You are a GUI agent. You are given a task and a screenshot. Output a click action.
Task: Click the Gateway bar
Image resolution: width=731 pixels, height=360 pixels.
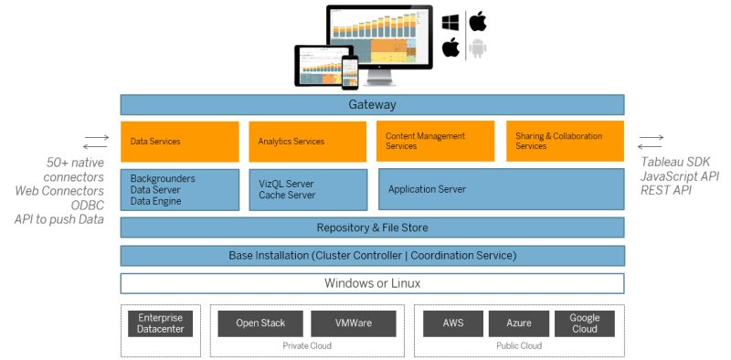[372, 104]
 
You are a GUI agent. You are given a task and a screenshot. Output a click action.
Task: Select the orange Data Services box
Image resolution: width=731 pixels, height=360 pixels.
[179, 142]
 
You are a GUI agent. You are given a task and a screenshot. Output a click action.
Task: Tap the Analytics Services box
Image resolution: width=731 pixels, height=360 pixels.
[308, 142]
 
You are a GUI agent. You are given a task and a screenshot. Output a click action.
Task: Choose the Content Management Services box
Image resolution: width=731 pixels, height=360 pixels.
[435, 142]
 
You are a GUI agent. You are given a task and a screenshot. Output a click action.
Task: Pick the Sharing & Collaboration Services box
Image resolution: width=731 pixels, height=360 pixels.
[565, 142]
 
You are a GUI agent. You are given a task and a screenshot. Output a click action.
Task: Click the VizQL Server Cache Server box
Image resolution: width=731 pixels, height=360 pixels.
[308, 189]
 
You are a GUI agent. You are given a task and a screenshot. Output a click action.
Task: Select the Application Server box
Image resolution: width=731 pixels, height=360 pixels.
[501, 189]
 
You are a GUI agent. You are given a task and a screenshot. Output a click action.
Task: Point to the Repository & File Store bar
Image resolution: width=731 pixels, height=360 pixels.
[372, 228]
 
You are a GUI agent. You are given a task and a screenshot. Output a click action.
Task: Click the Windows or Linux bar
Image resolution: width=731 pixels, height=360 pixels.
[372, 283]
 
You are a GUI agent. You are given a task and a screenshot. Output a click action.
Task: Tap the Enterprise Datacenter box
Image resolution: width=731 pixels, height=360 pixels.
[161, 323]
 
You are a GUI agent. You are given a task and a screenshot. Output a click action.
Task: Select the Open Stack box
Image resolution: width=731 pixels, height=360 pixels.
[260, 323]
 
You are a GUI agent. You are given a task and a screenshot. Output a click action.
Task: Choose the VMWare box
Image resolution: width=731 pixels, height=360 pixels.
[353, 323]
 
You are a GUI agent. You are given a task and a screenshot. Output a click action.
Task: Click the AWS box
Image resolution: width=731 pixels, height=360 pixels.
[452, 323]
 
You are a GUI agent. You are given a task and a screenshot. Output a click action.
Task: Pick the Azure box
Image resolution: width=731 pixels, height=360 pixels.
[518, 323]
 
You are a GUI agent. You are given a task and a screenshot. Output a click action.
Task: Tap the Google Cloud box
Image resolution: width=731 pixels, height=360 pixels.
[585, 323]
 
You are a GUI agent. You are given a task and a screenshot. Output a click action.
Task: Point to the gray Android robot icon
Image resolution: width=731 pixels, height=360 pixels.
[477, 48]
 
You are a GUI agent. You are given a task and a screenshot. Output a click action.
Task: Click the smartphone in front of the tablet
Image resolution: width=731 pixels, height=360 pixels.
[350, 71]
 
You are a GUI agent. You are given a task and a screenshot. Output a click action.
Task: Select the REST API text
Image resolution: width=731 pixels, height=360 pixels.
[666, 191]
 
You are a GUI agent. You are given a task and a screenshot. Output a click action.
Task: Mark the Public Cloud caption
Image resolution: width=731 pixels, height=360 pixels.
[518, 346]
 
